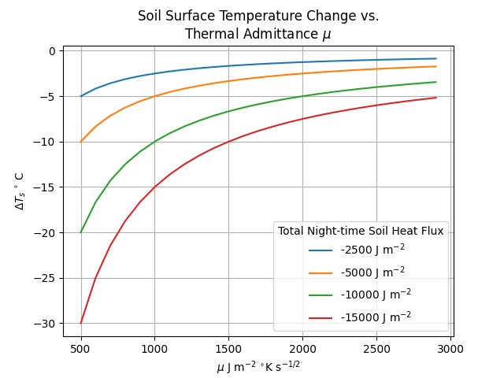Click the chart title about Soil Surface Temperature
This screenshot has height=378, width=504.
coord(258,24)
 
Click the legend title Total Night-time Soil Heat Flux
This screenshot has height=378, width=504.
coord(361,231)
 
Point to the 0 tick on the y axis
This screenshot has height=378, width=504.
coord(53,51)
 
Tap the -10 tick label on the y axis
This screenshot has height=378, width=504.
coord(46,142)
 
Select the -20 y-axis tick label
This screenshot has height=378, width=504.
coord(46,233)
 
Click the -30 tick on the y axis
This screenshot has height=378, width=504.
coord(46,324)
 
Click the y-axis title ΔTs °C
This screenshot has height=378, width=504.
coord(19,191)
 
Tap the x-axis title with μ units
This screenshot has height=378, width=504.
coord(258,366)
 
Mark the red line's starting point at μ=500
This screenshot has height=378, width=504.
coord(81,323)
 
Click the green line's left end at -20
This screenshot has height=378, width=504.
coord(81,232)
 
